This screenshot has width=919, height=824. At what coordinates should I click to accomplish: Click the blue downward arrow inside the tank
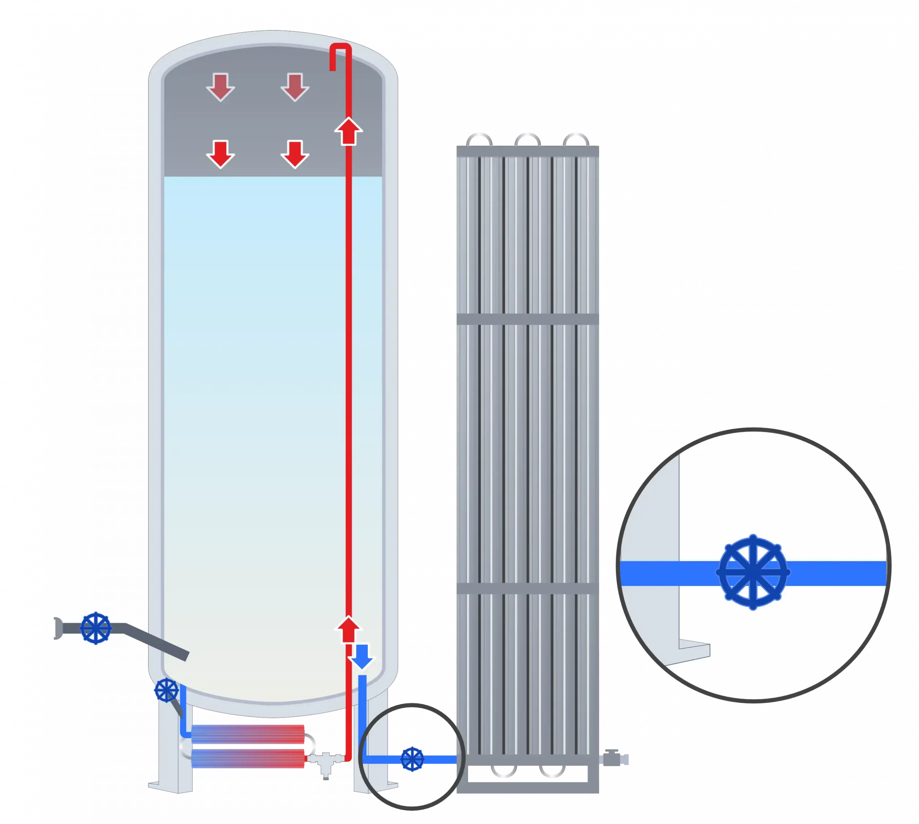362,656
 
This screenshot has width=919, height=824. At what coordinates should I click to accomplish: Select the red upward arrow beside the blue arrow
348,629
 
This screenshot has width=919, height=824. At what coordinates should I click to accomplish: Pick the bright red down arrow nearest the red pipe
295,154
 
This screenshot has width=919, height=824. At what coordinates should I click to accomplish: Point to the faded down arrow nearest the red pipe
295,87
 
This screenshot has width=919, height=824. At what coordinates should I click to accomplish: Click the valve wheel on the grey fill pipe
95,628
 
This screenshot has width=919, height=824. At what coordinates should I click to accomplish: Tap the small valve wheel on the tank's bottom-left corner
167,690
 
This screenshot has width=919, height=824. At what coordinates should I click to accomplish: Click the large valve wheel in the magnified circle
752,572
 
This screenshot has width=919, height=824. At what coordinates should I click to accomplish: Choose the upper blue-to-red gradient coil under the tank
248,734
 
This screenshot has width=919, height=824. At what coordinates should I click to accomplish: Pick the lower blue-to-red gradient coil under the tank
248,758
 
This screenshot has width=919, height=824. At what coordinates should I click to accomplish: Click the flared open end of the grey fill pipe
57,628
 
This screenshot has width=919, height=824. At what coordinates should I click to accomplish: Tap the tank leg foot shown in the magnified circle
692,651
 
